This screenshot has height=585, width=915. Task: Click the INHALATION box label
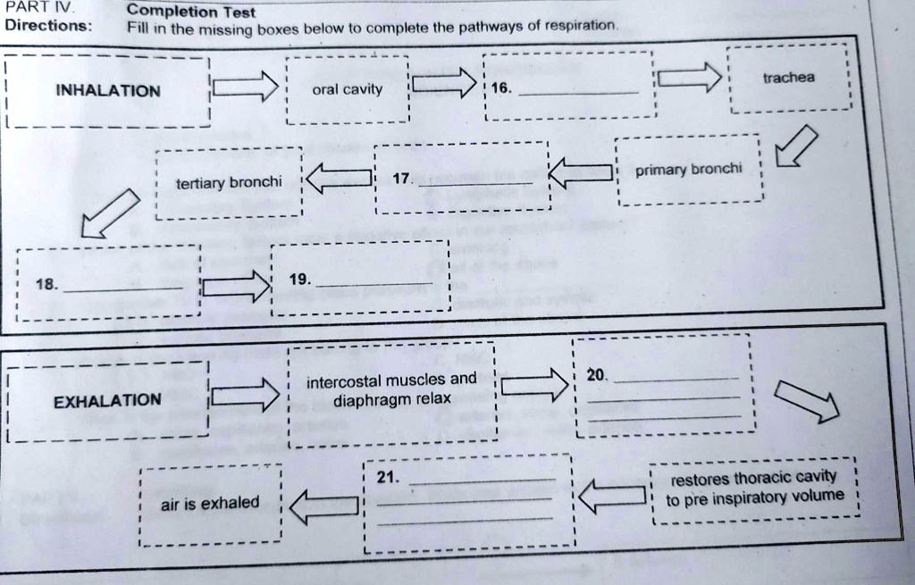coord(107,91)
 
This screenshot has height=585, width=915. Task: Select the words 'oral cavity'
coord(347,89)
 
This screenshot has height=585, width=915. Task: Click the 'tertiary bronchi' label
coord(229,183)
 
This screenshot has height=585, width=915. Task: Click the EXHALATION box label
coord(107,400)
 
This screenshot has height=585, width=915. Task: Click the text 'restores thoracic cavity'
coord(753,477)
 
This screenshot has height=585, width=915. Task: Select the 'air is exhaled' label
coord(210,504)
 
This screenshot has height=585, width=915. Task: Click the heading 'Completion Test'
coord(190,13)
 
